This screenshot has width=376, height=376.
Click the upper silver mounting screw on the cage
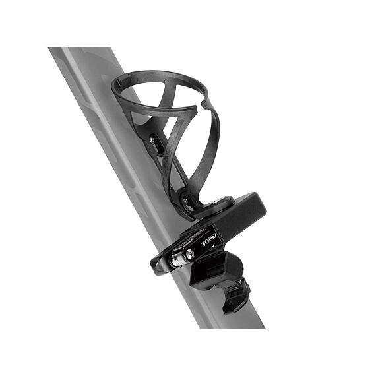tap(153, 141)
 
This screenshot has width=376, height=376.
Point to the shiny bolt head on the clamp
tap(189, 254)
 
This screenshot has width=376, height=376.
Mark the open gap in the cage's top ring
tap(199, 106)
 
